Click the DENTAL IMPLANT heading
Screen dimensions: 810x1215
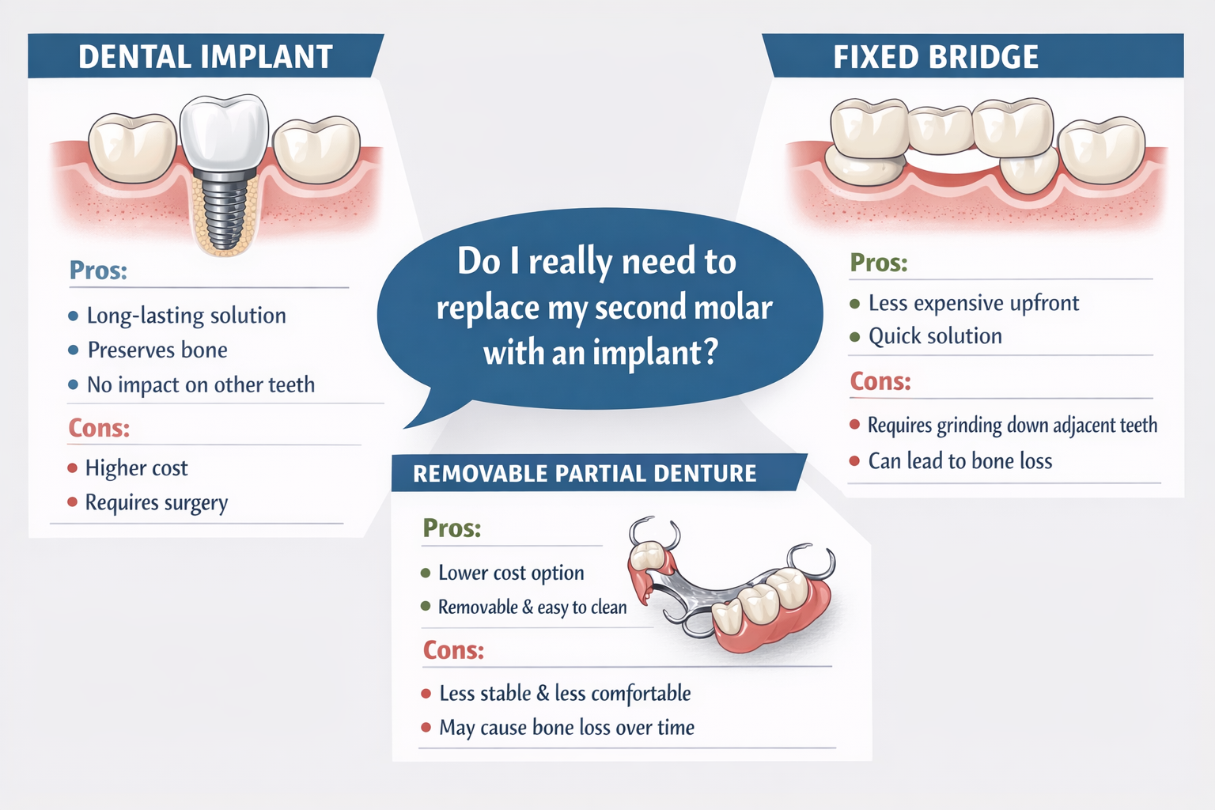206,57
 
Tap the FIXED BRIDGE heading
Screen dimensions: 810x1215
936,57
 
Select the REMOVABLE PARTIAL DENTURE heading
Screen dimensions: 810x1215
585,474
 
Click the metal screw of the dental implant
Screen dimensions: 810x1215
225,210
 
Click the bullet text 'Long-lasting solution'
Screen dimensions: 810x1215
186,316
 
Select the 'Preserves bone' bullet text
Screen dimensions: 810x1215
157,350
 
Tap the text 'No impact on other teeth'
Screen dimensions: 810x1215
200,384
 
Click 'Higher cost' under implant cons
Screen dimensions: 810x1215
136,468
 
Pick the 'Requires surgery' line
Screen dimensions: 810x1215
156,503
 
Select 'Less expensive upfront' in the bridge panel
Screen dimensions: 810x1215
973,303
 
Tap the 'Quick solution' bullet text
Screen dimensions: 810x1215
935,336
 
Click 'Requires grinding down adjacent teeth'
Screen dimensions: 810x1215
1012,426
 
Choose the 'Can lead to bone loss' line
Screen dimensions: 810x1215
960,461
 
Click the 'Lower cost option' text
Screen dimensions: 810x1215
511,573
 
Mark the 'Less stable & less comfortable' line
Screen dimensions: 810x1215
564,694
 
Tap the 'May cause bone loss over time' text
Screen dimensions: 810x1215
566,728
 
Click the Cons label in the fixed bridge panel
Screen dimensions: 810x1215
880,381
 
